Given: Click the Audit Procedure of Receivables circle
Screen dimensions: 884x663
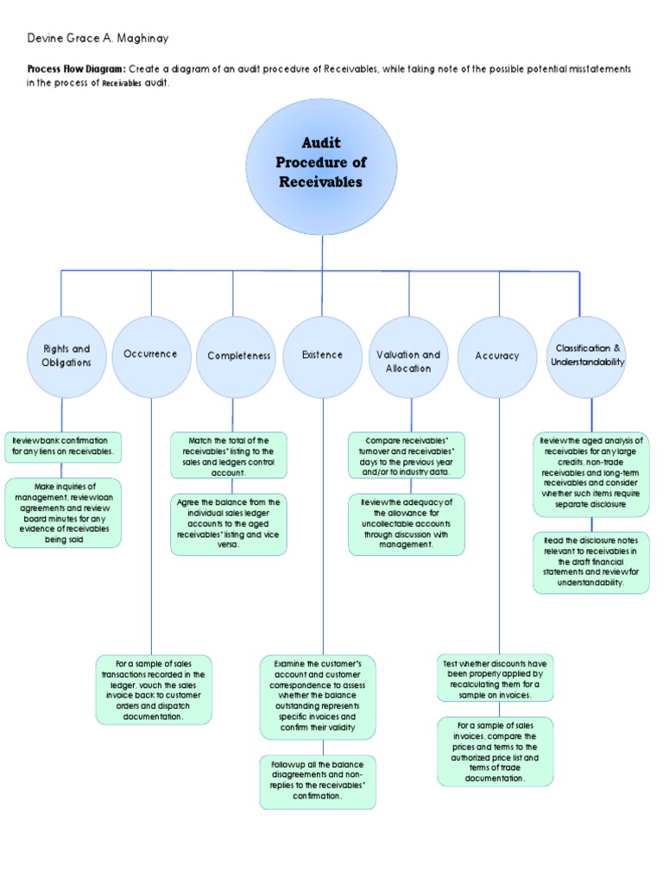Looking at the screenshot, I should click(x=321, y=167).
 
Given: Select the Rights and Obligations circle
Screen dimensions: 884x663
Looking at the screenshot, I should click(x=66, y=356).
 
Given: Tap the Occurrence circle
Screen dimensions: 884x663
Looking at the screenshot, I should click(x=151, y=355).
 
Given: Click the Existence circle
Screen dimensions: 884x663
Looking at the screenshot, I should click(x=323, y=356).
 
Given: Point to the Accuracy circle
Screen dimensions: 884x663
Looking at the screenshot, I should click(x=497, y=356).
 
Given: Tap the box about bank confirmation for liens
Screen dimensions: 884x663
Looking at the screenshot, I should click(x=63, y=446).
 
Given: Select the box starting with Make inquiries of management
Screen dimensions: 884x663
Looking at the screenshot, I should click(x=63, y=514).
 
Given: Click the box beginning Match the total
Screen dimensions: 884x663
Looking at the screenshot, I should click(x=229, y=456).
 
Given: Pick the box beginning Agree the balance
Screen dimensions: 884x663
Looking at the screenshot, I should click(x=229, y=524).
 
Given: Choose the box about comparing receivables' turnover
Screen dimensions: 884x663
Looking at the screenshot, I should click(x=407, y=456).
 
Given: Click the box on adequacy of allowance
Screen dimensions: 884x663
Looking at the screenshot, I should click(x=407, y=524).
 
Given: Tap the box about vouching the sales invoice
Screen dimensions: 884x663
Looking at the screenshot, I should click(x=153, y=689).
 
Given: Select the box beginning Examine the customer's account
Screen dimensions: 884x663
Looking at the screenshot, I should click(x=318, y=697).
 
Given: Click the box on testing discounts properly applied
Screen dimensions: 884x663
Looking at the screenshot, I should click(x=495, y=678).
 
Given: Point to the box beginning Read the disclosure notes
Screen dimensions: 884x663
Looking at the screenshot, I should click(x=590, y=563).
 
